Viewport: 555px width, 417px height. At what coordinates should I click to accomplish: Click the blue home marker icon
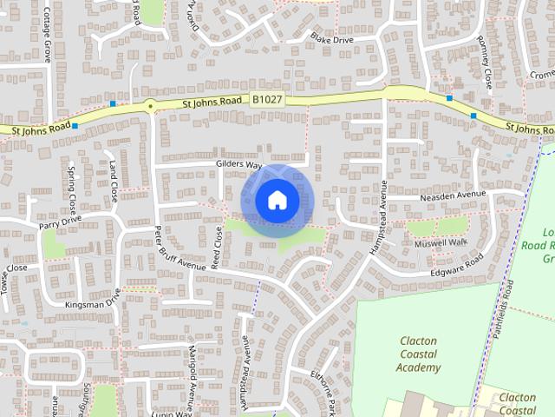pos(276,201)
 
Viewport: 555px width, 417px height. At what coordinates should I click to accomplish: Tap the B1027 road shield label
pos(268,102)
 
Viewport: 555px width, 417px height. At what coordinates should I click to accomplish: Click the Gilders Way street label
pos(239,164)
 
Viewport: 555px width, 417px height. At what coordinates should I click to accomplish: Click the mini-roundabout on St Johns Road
pos(150,106)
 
